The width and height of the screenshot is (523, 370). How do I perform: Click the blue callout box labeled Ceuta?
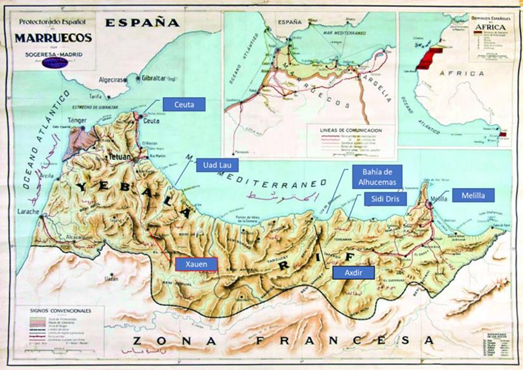pyautogui.click(x=184, y=103)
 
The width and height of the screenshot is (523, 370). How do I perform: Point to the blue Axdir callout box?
pyautogui.click(x=352, y=272)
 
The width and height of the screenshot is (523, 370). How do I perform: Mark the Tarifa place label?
pyautogui.click(x=95, y=96)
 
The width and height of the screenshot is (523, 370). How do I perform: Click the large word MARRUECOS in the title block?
pyautogui.click(x=53, y=37)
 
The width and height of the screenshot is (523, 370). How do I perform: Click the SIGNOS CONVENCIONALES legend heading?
pyautogui.click(x=61, y=310)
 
